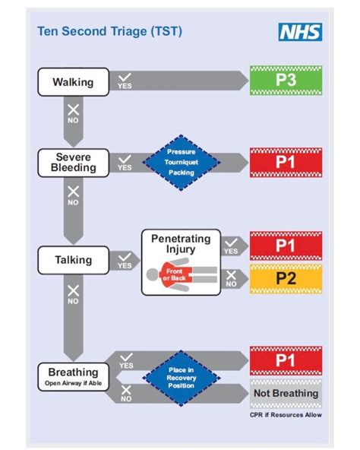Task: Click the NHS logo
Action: [x=301, y=32]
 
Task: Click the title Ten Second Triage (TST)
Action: [x=109, y=32]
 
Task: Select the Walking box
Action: [x=73, y=81]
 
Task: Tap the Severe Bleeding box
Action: [x=73, y=162]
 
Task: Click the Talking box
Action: [x=73, y=260]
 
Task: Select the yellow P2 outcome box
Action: [x=286, y=279]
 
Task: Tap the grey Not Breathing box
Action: [x=286, y=393]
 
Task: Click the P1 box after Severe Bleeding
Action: [x=286, y=162]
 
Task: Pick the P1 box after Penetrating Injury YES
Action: [x=286, y=246]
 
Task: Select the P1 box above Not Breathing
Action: [x=286, y=360]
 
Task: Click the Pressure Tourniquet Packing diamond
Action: [x=181, y=162]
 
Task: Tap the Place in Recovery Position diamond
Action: [x=181, y=376]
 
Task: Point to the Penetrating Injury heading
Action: [x=181, y=244]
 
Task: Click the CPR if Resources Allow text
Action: [x=286, y=416]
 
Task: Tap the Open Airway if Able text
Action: [x=73, y=385]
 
